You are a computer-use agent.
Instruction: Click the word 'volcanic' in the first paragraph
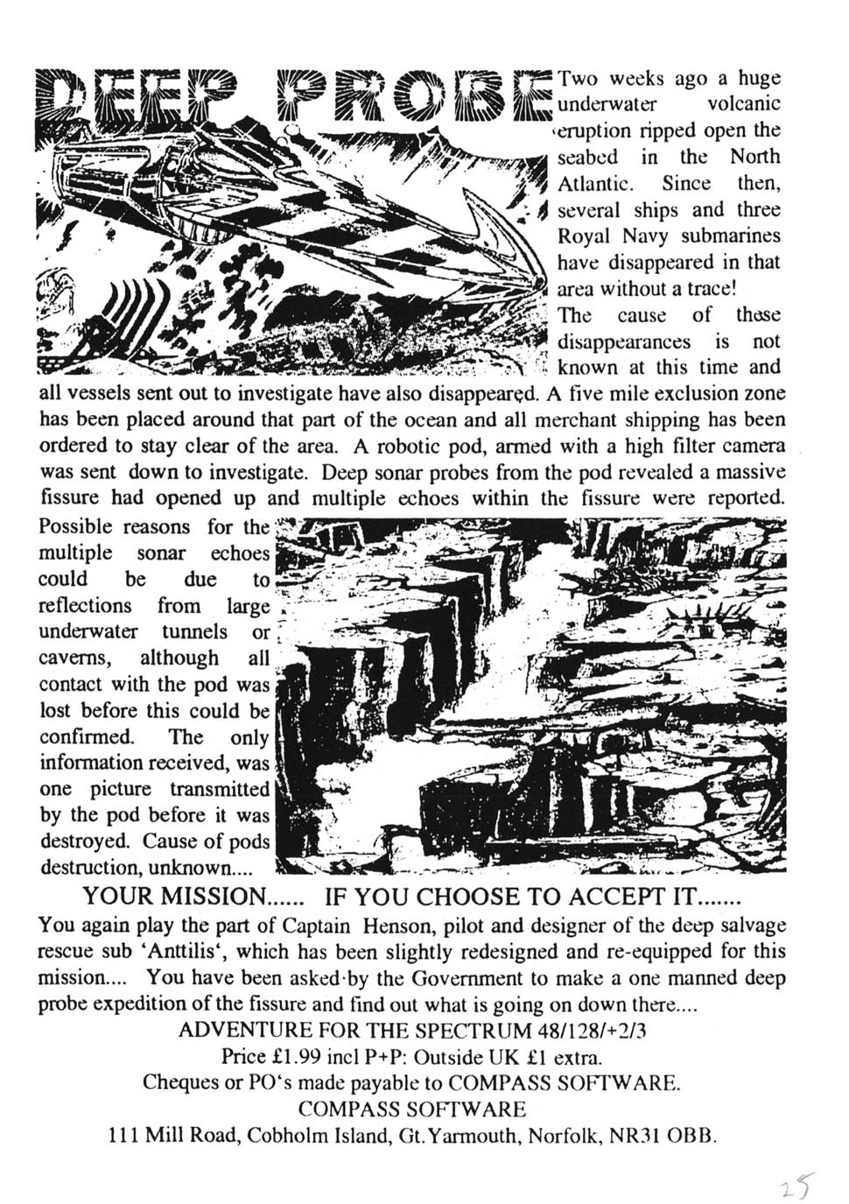coord(743,105)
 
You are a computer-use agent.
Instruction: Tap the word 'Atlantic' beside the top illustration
coord(595,184)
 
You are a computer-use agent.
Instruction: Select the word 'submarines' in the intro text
coord(730,236)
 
